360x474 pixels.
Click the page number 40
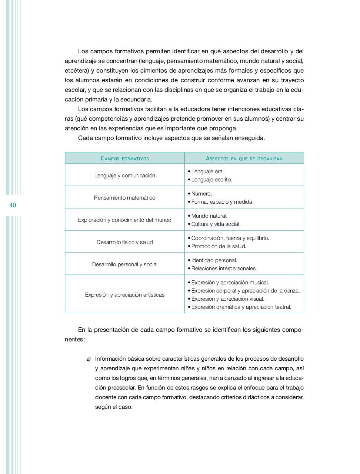coord(13,205)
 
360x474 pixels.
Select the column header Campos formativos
coord(125,158)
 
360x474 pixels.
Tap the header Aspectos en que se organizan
coord(244,158)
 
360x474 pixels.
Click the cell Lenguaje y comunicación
coord(125,176)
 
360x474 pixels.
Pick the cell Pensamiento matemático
coord(125,198)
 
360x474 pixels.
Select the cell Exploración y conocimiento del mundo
coord(125,220)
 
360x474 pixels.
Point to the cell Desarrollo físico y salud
coord(125,242)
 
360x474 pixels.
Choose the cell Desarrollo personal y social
coord(125,264)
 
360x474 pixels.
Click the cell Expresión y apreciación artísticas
coord(125,295)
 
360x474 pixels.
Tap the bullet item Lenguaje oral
coord(208,171)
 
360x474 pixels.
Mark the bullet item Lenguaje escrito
coord(211,180)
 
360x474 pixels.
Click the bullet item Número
coord(201,194)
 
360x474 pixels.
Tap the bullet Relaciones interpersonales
coord(224,268)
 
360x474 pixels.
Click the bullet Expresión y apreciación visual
coord(227,299)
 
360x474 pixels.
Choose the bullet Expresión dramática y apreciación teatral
coord(241,307)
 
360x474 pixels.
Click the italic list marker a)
coord(89,359)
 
